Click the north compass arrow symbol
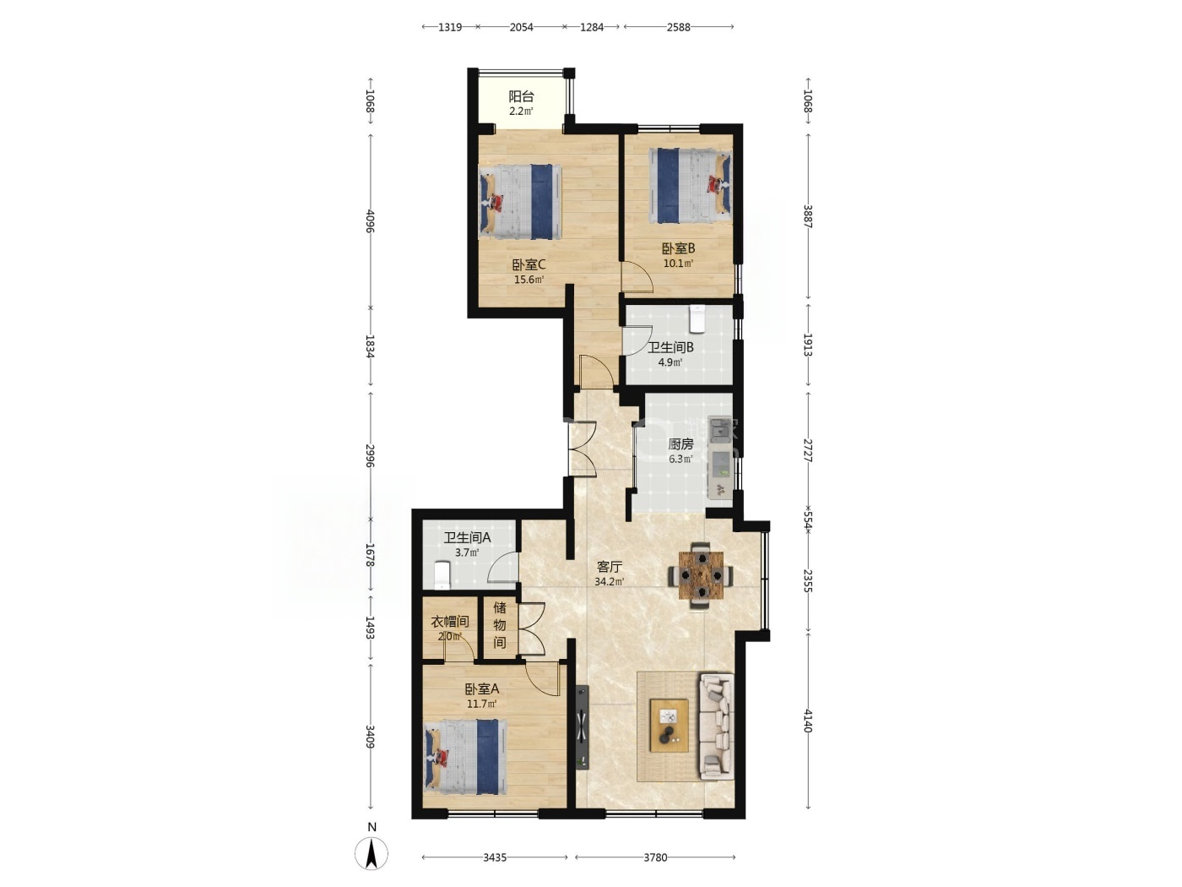[x=371, y=853]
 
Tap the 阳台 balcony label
[x=521, y=96]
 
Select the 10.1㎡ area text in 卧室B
[x=678, y=264]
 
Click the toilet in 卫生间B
[x=697, y=318]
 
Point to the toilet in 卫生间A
[x=442, y=574]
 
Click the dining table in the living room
[x=700, y=576]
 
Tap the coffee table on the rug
[x=669, y=726]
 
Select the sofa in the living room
[x=717, y=726]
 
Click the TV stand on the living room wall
[x=582, y=727]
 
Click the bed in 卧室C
[x=520, y=201]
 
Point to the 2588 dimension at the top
[x=678, y=27]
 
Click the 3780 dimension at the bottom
[x=655, y=857]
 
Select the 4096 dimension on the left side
[x=370, y=220]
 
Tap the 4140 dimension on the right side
[x=808, y=721]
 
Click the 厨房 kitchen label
[x=680, y=444]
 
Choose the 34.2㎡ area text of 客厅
[x=610, y=582]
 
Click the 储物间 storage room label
[x=500, y=625]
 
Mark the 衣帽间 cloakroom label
[x=450, y=622]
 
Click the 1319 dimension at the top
[x=450, y=27]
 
